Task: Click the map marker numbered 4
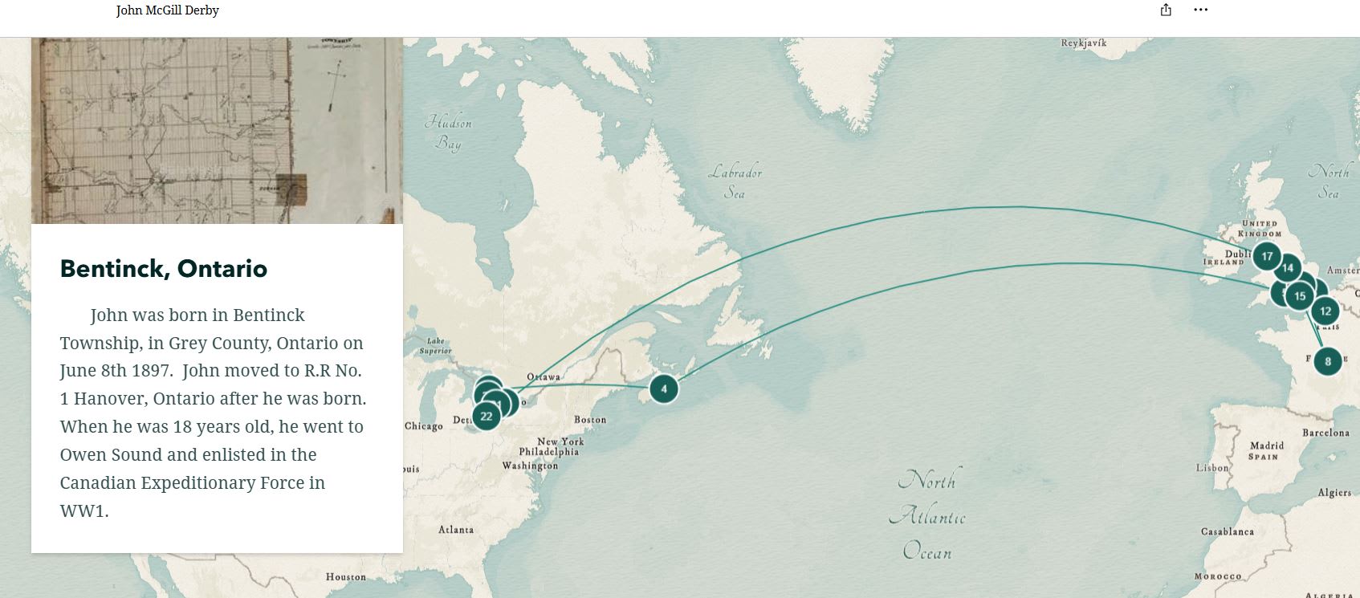[663, 389]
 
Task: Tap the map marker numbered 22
[486, 417]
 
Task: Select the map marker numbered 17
[1267, 257]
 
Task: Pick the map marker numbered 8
[1328, 361]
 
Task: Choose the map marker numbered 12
[1325, 311]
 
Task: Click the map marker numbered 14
[1288, 268]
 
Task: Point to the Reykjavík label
[1083, 43]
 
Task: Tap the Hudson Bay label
[448, 132]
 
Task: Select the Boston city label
[590, 420]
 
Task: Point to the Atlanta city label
[456, 530]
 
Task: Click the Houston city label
[345, 577]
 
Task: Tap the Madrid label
[1267, 445]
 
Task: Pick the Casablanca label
[1227, 532]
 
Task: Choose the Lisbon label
[1212, 468]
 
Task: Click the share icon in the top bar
[1166, 10]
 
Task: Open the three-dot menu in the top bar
[1200, 10]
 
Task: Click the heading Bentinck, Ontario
[164, 268]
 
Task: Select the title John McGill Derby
[167, 10]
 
